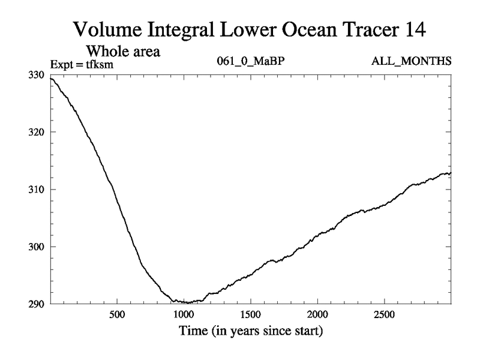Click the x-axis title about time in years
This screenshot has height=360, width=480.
250,331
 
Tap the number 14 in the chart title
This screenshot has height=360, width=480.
413,28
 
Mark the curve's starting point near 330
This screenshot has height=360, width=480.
52,79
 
